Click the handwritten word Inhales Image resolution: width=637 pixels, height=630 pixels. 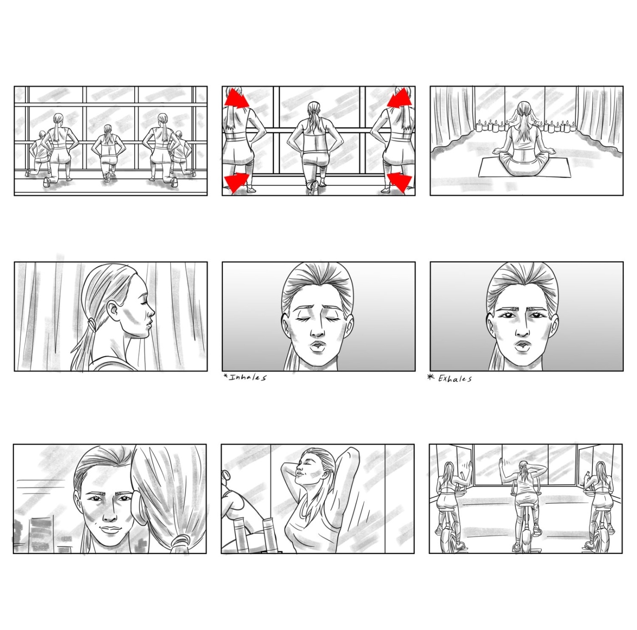point(248,377)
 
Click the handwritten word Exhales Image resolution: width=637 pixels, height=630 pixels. point(455,379)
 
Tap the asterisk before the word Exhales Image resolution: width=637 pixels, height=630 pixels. point(431,378)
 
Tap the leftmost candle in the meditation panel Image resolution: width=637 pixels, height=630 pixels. point(478,127)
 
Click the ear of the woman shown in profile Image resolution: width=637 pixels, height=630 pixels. point(114,311)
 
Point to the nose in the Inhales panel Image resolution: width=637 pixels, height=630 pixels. point(318,330)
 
